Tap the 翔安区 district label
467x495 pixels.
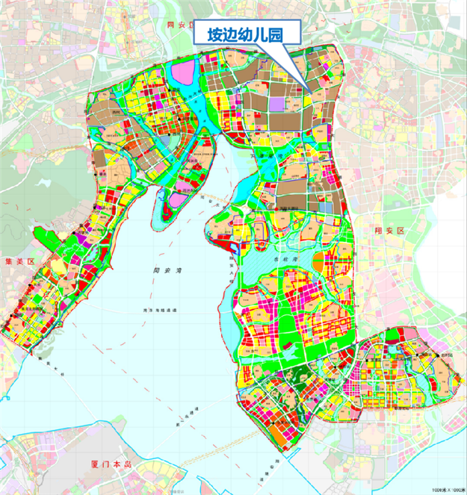pos(389,231)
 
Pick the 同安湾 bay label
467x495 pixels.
pos(158,272)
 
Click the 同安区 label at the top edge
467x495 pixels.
pos(179,25)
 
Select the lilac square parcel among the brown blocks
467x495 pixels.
pos(277,102)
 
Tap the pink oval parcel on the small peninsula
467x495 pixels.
pos(177,199)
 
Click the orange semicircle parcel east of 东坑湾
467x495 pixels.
pos(319,263)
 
